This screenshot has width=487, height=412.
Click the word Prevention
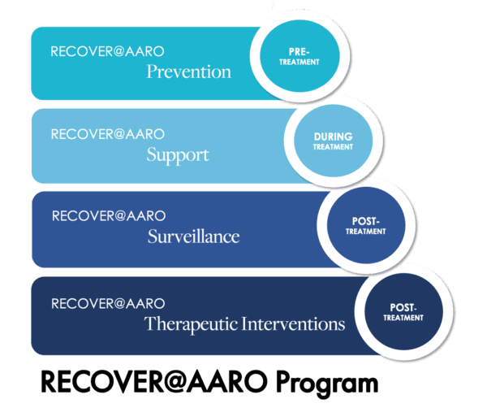[x=189, y=72]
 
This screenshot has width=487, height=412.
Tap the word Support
[x=178, y=155]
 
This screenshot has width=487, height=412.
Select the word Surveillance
[x=193, y=236]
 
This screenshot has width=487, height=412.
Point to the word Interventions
[x=293, y=323]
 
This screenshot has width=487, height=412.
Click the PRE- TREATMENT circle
[x=300, y=56]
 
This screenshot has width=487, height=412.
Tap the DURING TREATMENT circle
[x=334, y=141]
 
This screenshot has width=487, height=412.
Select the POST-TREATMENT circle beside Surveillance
[x=366, y=225]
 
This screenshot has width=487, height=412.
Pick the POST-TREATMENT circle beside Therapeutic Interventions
[x=403, y=311]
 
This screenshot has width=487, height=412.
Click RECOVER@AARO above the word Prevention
[x=107, y=52]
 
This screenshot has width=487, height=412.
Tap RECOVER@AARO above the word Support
[x=108, y=134]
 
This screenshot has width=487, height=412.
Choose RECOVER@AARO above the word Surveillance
[x=109, y=216]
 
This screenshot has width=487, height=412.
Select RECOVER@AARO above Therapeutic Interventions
[x=108, y=303]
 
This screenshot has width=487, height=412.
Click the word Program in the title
[x=327, y=384]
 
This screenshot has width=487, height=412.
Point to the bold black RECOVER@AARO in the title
[x=154, y=382]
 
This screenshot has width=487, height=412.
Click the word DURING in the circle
[x=334, y=137]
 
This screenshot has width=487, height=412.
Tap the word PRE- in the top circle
[x=299, y=52]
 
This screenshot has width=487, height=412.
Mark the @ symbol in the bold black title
[x=175, y=382]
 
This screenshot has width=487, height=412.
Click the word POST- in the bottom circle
[x=403, y=307]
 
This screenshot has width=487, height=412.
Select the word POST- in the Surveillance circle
[x=366, y=221]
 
